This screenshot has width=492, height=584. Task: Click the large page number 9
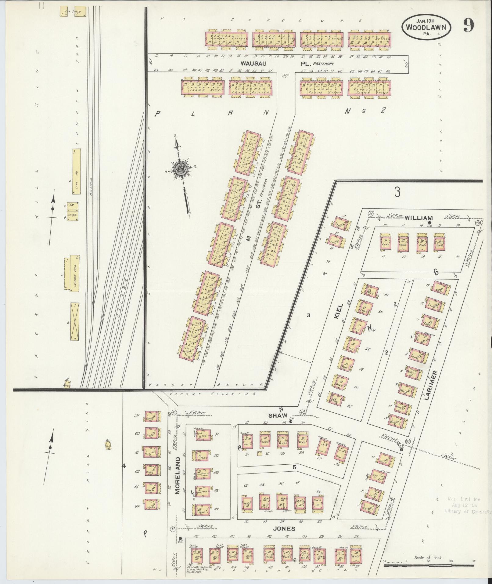[x=469, y=25]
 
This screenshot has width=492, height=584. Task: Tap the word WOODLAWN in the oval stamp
[x=428, y=27]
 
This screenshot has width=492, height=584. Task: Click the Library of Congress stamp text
[x=468, y=512]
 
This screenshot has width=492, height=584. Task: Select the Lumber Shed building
[x=74, y=273]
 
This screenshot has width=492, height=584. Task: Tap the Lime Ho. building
[x=76, y=172]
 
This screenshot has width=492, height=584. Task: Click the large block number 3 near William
[x=397, y=192]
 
